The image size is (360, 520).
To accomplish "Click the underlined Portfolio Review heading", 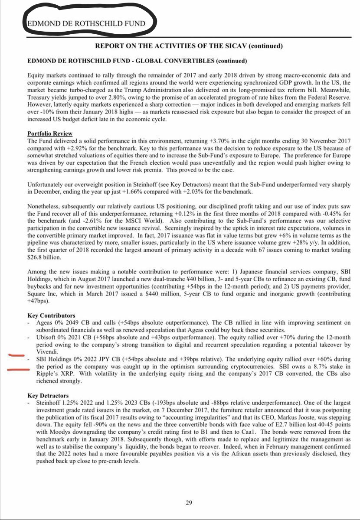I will [50, 133].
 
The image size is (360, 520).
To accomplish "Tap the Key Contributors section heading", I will [51, 315].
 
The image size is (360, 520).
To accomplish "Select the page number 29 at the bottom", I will [189, 503].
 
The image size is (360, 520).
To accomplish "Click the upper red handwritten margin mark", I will [16, 356].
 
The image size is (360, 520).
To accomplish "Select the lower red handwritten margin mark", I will [16, 370].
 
